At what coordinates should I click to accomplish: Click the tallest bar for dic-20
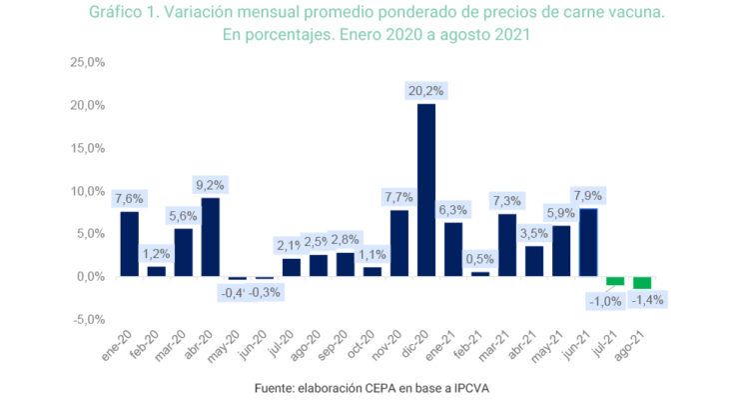pos(426,190)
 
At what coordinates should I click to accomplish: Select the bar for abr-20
pos(210,237)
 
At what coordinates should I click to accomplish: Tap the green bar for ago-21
pos(642,283)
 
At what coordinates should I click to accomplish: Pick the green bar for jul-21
pos(615,281)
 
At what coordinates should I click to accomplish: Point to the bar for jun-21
pos(588,242)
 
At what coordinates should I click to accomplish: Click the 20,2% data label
pos(426,91)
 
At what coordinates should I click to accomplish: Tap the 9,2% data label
pos(210,185)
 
